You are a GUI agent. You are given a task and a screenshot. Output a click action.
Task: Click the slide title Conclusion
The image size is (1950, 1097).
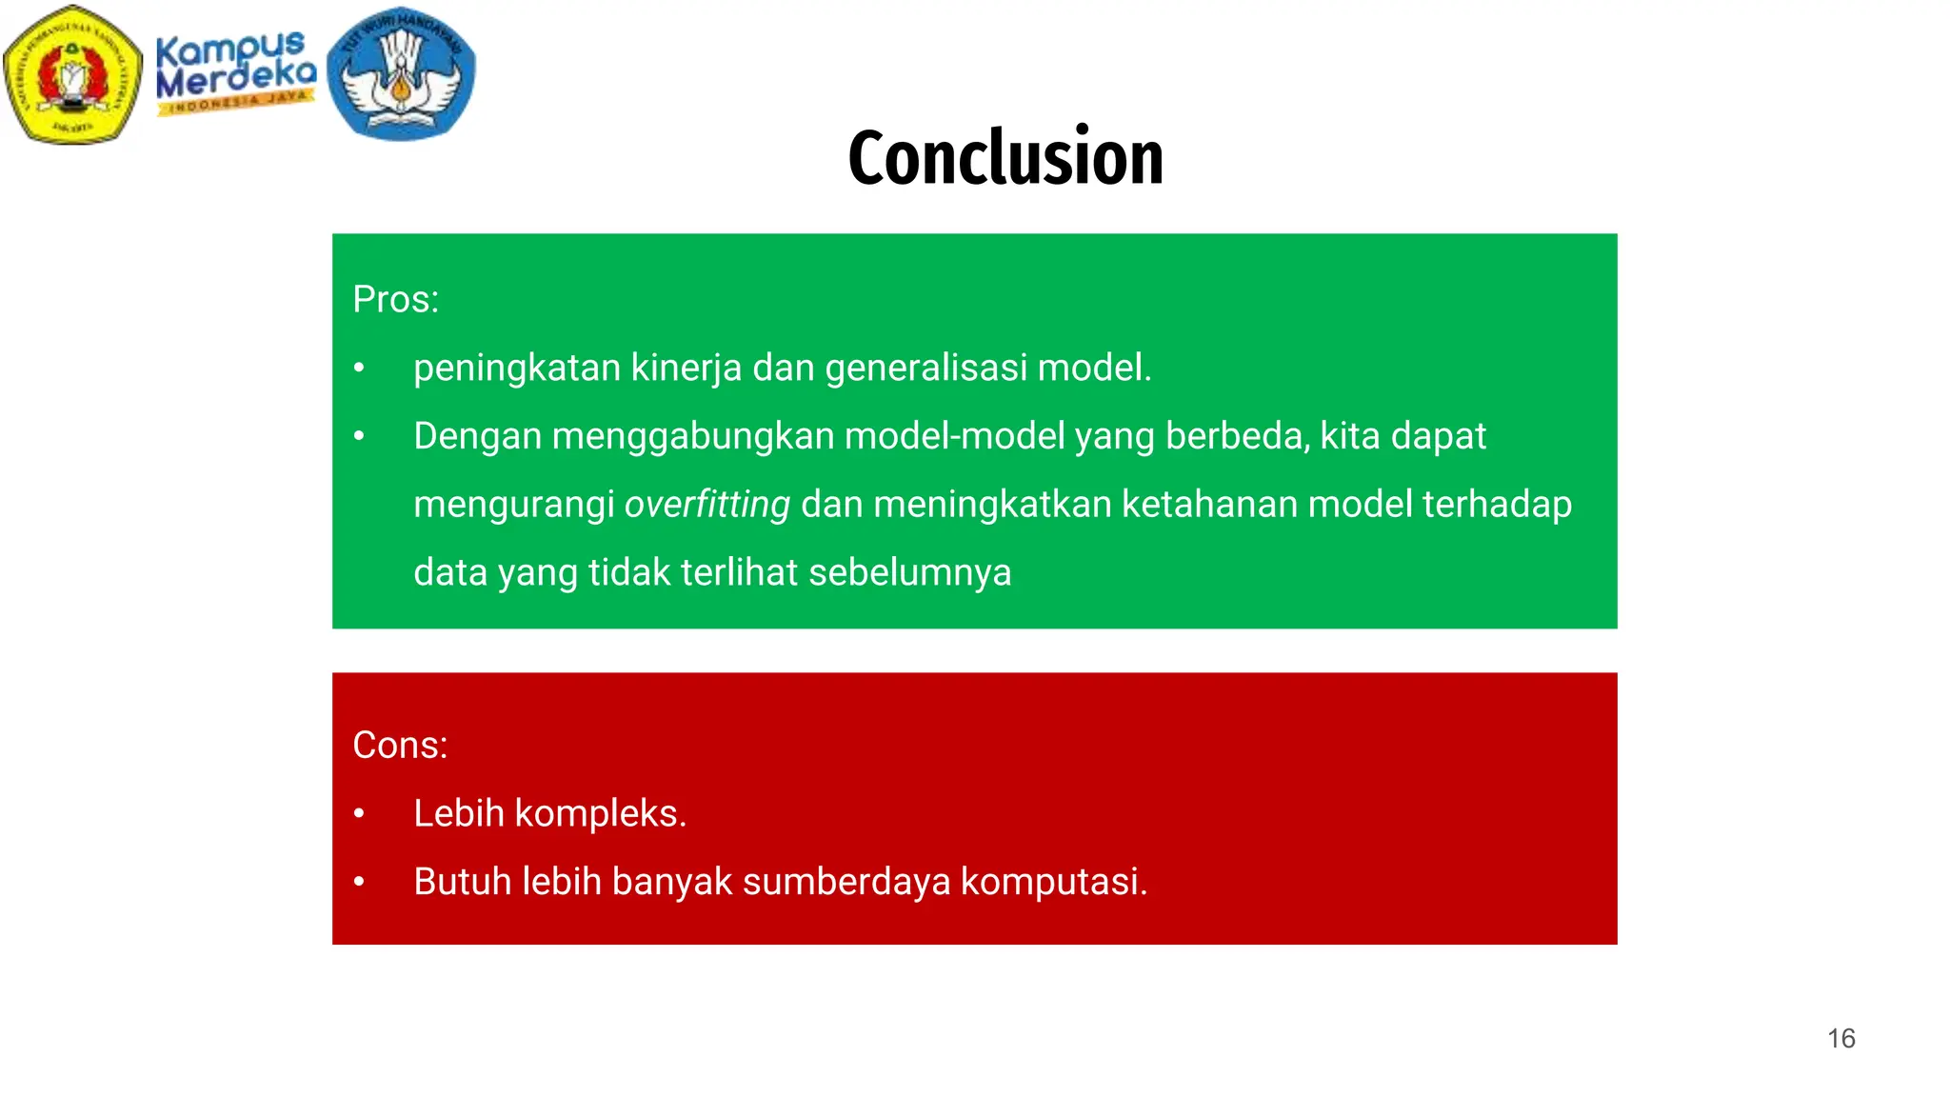click(x=1005, y=157)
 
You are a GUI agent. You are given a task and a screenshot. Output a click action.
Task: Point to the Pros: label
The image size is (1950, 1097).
click(x=395, y=299)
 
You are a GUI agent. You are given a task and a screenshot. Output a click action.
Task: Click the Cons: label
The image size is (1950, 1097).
click(x=400, y=745)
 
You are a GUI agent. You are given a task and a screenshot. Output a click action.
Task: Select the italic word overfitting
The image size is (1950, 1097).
click(x=707, y=504)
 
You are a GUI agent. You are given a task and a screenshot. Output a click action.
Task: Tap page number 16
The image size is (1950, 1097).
click(x=1841, y=1038)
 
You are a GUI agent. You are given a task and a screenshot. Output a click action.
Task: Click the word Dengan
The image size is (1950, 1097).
click(x=477, y=436)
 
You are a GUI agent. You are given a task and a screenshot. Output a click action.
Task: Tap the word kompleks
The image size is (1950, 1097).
click(x=600, y=813)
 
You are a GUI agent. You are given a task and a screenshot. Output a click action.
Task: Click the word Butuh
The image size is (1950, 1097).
click(x=462, y=882)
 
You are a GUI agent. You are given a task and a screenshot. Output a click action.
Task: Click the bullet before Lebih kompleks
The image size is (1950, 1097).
click(x=359, y=814)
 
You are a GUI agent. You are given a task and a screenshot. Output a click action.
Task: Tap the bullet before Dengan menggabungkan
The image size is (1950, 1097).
click(x=359, y=437)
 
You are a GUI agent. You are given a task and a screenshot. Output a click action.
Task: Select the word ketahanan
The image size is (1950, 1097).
click(x=1209, y=504)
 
